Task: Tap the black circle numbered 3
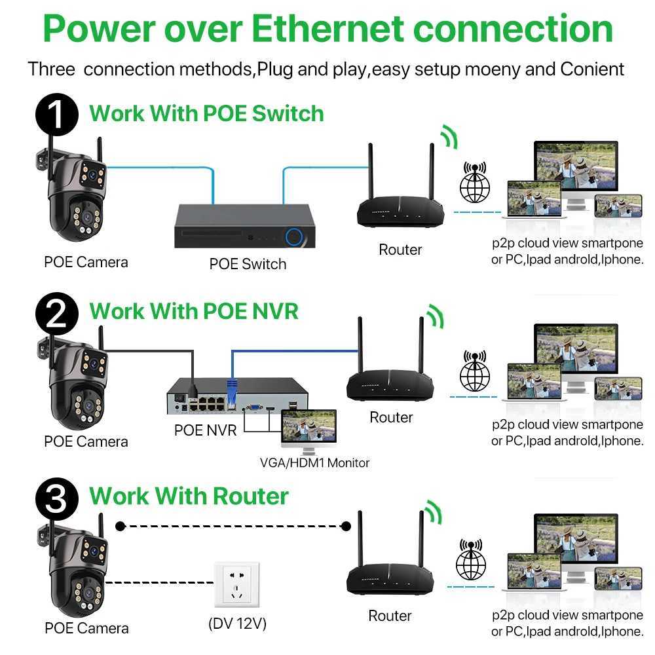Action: tap(58, 499)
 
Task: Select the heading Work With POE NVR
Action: tap(194, 310)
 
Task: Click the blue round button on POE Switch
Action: tap(294, 236)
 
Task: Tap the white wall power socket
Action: tap(237, 584)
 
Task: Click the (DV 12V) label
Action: tap(237, 624)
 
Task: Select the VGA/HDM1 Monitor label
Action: tap(314, 463)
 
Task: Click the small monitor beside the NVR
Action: tap(308, 431)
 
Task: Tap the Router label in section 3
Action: tap(390, 616)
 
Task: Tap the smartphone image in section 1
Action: tap(618, 206)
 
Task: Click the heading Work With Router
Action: tap(189, 496)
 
